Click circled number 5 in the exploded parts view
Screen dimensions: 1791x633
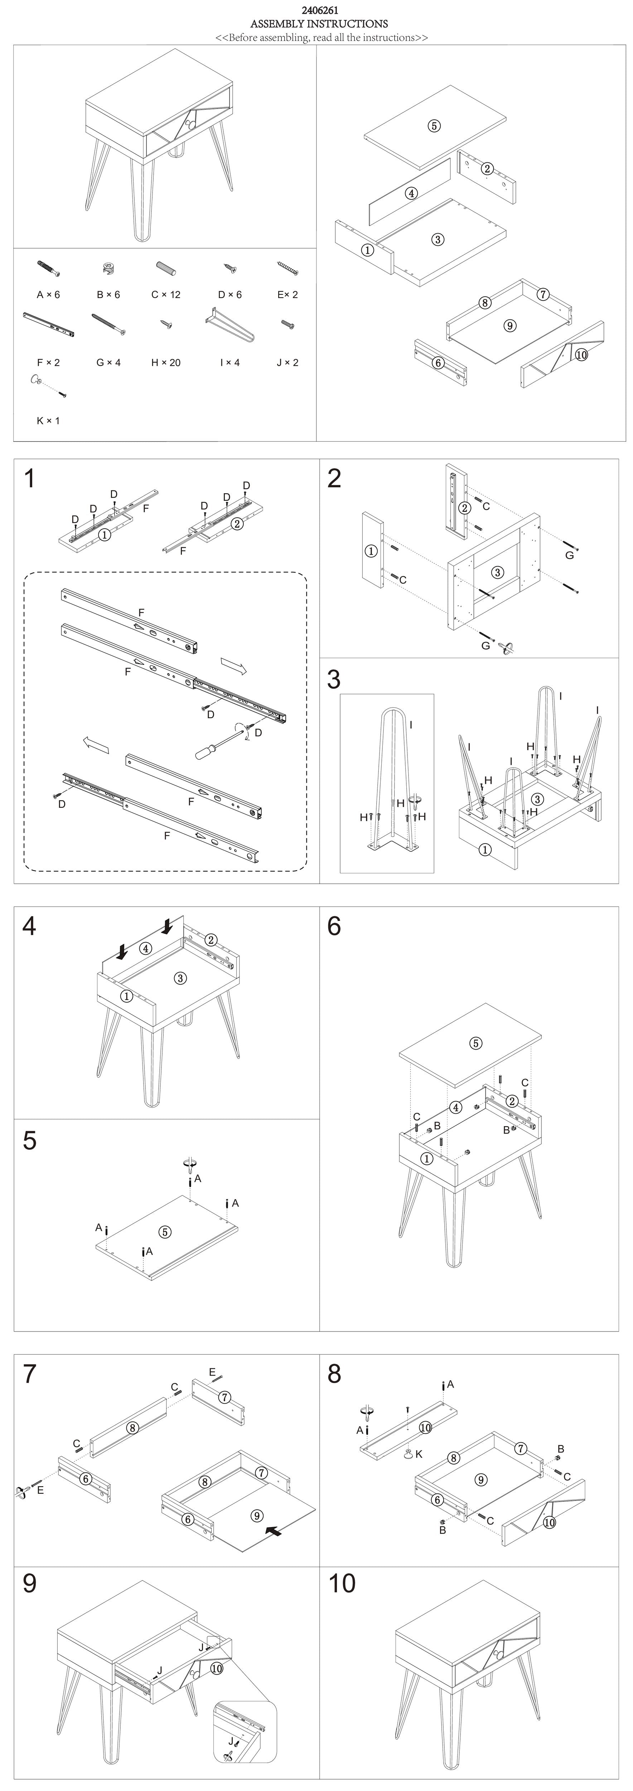pyautogui.click(x=434, y=126)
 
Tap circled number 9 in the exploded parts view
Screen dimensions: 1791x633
pyautogui.click(x=509, y=325)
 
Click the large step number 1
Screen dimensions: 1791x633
pyautogui.click(x=29, y=479)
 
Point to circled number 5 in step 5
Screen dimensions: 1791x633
pyautogui.click(x=165, y=1232)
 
